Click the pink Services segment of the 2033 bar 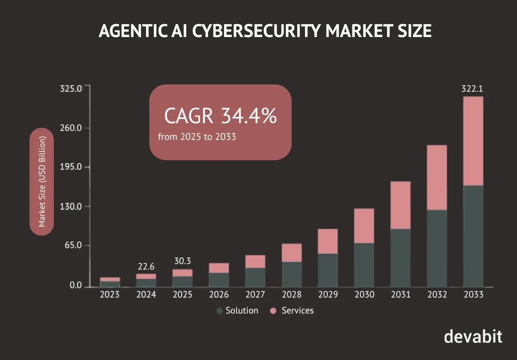point(473,141)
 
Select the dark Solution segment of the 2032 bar point(436,248)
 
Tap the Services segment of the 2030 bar point(364,226)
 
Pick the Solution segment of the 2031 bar point(400,258)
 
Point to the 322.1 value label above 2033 point(472,89)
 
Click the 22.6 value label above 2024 point(146,267)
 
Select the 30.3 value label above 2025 point(182,261)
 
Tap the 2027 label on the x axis point(255,295)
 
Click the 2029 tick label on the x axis point(328,295)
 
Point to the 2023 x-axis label point(109,295)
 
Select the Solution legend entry point(237,310)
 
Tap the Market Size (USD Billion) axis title point(42,182)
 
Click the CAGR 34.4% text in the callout point(220,116)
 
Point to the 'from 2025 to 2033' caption point(197,137)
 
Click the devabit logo point(473,336)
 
